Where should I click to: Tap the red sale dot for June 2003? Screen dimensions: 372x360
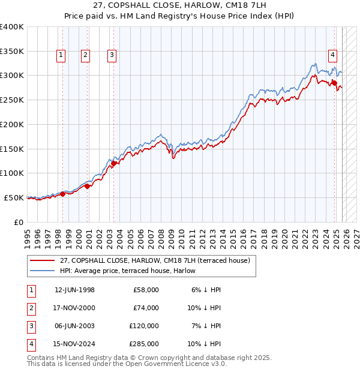click(x=114, y=163)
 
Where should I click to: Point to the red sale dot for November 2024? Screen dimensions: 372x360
click(x=334, y=82)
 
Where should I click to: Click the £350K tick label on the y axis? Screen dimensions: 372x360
click(x=12, y=52)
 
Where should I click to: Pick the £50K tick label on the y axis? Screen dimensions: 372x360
click(x=14, y=197)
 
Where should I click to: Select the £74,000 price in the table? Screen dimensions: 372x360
click(x=146, y=308)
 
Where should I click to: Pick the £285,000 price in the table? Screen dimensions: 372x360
click(x=144, y=344)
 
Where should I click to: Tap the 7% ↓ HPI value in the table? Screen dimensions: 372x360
click(x=206, y=326)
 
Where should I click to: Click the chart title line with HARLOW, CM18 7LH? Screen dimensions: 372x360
click(x=180, y=6)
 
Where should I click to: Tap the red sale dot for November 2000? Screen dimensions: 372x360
click(x=88, y=186)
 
